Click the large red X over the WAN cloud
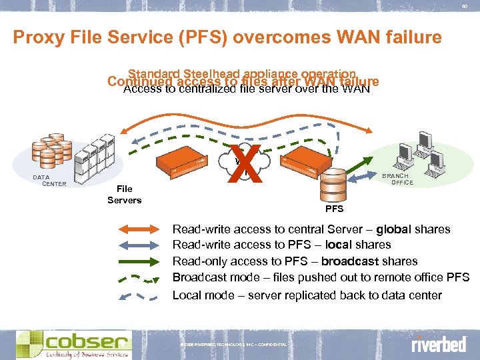click(x=243, y=164)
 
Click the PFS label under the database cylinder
click(x=334, y=209)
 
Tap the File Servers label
click(x=125, y=195)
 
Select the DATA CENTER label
click(x=51, y=180)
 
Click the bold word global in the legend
click(x=393, y=229)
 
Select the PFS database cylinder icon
click(x=333, y=183)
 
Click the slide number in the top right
click(x=465, y=7)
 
